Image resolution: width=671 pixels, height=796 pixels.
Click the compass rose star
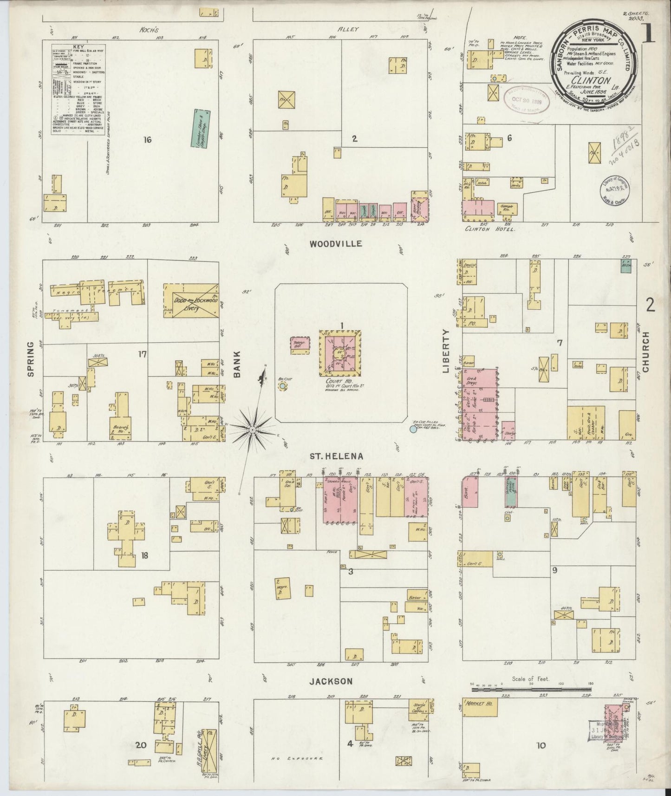click(252, 431)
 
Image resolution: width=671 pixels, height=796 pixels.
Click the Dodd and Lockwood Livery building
click(190, 300)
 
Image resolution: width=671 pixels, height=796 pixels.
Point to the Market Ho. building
click(480, 708)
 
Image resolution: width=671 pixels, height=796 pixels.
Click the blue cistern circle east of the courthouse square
click(413, 430)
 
